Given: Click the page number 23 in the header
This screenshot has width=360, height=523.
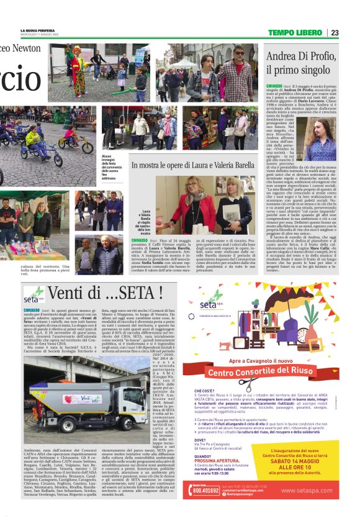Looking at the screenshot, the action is point(335,33).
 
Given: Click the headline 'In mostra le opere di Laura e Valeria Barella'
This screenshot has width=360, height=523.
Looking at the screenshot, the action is point(193,165).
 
